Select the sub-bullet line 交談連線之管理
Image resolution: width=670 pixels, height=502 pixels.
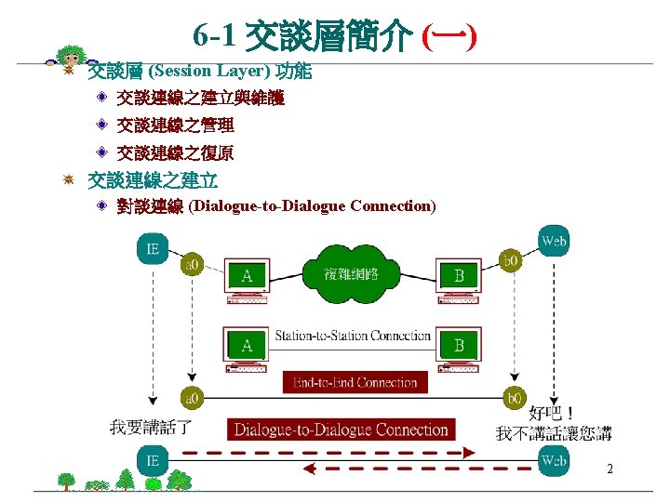coord(176,125)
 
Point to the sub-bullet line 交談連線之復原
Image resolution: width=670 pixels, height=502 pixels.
coord(176,152)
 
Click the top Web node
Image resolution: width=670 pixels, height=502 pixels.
coord(554,243)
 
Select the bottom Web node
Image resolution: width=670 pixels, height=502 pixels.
coord(555,461)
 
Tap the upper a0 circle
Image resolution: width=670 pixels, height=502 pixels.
coord(193,265)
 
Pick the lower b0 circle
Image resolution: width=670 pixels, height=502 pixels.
coord(511,398)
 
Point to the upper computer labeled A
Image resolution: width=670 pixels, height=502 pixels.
coord(247,279)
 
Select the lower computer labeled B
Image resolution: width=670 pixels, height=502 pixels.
coord(459,348)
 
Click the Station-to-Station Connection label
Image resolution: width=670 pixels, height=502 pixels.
coord(353,336)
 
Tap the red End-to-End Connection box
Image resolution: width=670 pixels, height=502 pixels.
coord(354,382)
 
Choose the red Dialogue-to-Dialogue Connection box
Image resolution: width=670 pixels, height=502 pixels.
coord(341,429)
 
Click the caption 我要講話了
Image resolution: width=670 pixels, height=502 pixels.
coord(151,428)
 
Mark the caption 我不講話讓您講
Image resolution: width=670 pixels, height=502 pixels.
coord(554,433)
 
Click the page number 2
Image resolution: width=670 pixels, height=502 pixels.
coord(610,469)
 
